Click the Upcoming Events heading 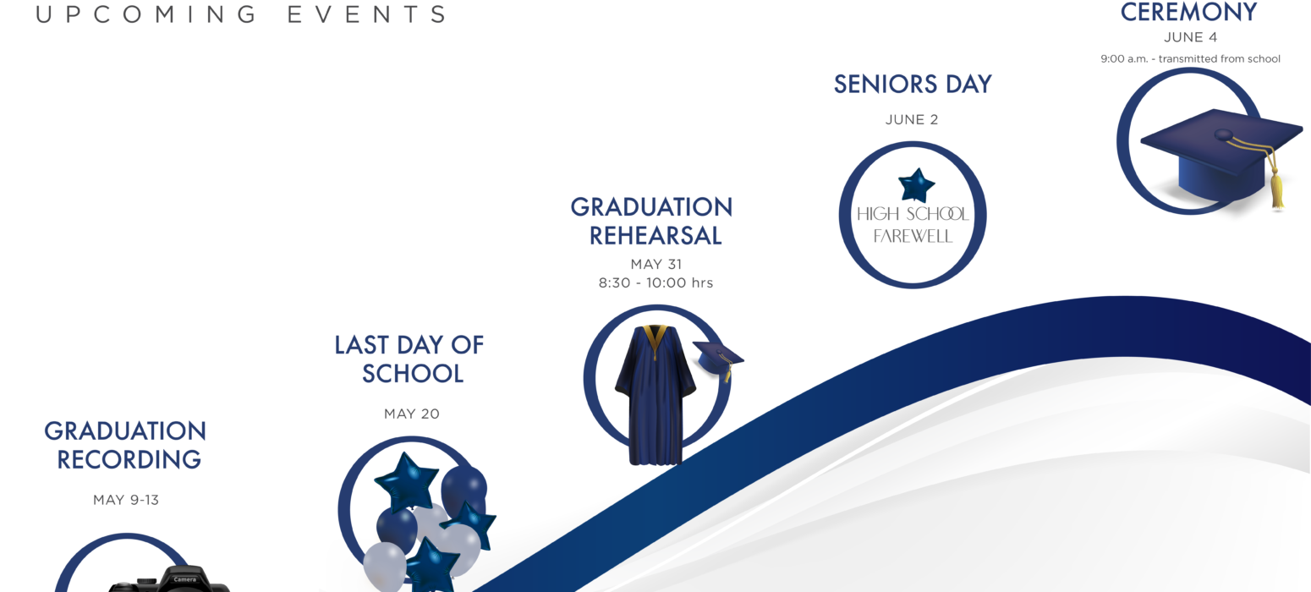(x=241, y=14)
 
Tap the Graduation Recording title (x=126, y=445)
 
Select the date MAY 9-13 (x=126, y=500)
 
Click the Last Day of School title (x=409, y=359)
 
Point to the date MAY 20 (x=411, y=414)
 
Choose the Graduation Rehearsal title (x=652, y=222)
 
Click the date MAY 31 (x=656, y=265)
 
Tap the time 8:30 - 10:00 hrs (x=655, y=283)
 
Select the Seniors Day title (x=913, y=85)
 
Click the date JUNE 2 (x=911, y=120)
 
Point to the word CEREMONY (x=1188, y=13)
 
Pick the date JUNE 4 (x=1190, y=37)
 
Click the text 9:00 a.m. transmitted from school (x=1190, y=59)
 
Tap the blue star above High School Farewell (x=916, y=185)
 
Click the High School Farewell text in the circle (x=913, y=225)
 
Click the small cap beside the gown (x=717, y=358)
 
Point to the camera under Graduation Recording (x=169, y=579)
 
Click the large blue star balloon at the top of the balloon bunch (x=407, y=482)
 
